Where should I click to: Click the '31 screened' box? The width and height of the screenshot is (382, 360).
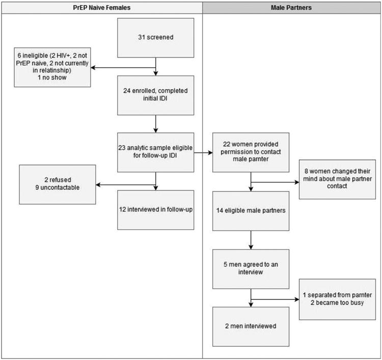[155, 38]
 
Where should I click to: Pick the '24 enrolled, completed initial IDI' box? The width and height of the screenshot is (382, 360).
[155, 95]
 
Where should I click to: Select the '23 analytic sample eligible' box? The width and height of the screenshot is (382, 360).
[155, 152]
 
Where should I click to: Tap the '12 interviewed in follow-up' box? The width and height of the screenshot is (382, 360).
[155, 209]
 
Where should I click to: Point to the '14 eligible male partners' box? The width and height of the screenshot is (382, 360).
[250, 210]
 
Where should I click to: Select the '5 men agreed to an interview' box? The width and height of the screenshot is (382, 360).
[250, 268]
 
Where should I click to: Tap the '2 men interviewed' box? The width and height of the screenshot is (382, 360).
[250, 325]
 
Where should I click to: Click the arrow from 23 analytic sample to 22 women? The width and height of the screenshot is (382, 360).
[203, 152]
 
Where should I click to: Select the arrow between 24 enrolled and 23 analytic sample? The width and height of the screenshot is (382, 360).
[155, 124]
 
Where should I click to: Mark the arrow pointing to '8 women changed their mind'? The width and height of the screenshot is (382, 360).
[275, 180]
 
